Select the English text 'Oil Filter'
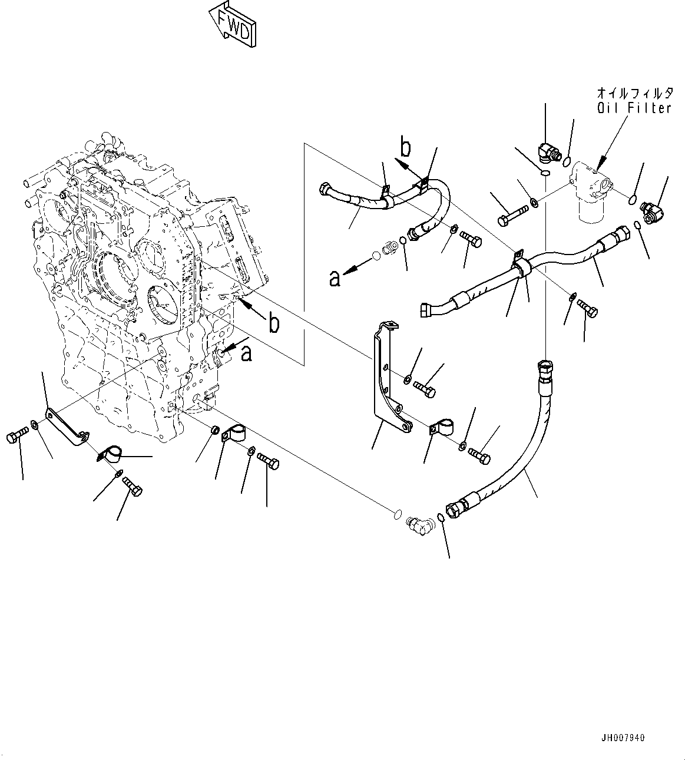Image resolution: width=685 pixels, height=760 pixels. coord(634,108)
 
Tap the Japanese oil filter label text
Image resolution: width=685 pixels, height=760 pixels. coord(634,93)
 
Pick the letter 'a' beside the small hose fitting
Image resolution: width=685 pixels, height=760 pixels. coord(335,277)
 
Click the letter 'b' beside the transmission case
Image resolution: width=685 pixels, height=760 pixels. coord(273,322)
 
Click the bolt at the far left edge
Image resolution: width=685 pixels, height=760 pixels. coord(16,437)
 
